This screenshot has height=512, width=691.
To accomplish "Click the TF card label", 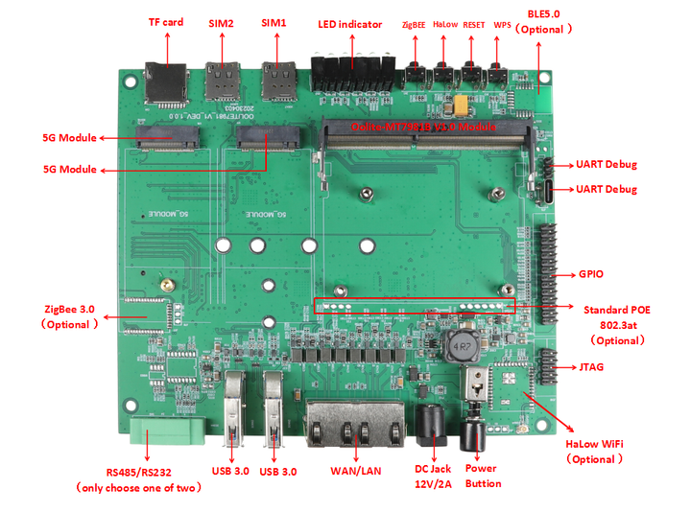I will pyautogui.click(x=166, y=22).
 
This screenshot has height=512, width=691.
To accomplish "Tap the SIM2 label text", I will pyautogui.click(x=221, y=22).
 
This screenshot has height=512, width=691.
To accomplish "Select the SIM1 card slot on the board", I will pyautogui.click(x=278, y=81).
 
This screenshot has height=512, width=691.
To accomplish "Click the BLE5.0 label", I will pyautogui.click(x=544, y=13).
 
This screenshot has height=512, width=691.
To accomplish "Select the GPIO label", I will pyautogui.click(x=592, y=273).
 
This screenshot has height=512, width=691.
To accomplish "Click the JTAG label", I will pyautogui.click(x=593, y=367).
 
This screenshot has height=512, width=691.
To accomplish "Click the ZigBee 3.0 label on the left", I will pyautogui.click(x=69, y=309).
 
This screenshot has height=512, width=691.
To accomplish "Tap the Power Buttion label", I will pyautogui.click(x=483, y=476).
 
